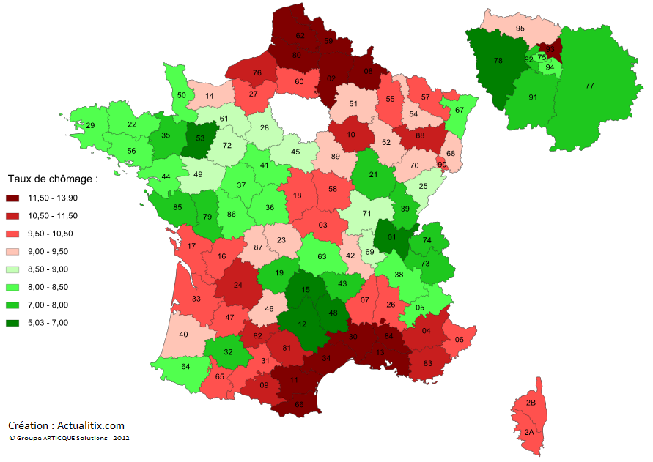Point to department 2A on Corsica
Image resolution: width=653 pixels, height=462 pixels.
point(529,433)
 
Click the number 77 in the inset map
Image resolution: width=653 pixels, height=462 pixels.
point(590,86)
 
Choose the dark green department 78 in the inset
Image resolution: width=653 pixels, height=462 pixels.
point(498,60)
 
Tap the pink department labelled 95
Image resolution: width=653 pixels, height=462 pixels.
point(520,29)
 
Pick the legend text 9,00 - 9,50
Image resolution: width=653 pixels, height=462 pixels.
point(51,251)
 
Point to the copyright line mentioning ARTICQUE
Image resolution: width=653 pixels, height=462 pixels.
point(70,438)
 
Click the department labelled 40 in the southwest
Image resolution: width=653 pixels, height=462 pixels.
point(182,335)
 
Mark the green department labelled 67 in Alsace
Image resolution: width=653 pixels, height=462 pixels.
point(460,110)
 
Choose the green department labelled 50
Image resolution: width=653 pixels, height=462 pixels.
point(182,94)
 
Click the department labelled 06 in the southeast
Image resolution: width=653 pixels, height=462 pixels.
point(459,340)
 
